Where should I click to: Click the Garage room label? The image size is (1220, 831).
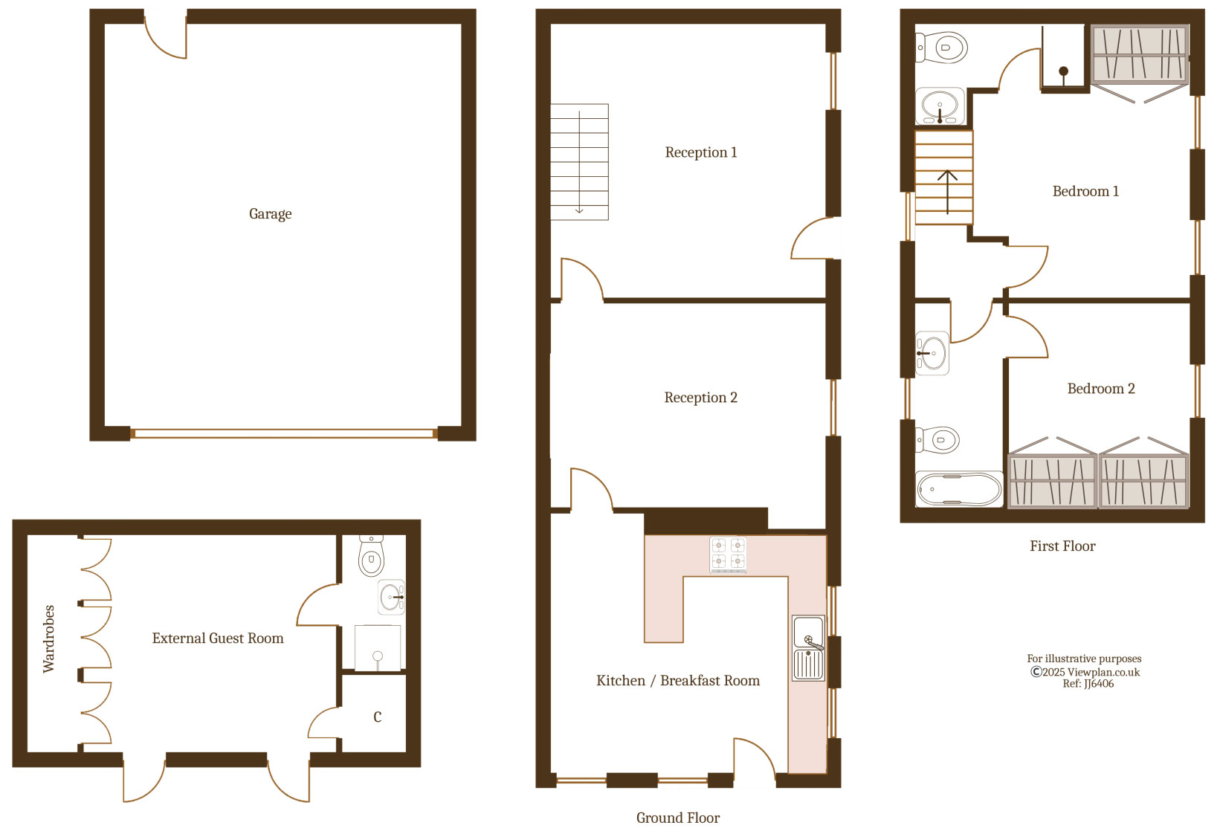[270, 214]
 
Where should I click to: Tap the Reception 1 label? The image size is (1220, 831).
[701, 152]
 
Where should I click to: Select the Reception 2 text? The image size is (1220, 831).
[700, 398]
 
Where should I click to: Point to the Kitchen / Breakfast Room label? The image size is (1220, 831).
[678, 681]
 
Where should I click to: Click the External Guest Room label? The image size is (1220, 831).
[218, 638]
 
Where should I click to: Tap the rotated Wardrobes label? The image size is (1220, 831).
[49, 638]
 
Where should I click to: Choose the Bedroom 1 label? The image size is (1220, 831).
[1085, 191]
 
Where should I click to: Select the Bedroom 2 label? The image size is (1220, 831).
[1101, 388]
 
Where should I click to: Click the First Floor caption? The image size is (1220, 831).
[1062, 546]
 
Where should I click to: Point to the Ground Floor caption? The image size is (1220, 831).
[677, 818]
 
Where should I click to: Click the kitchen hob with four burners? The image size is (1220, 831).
[728, 555]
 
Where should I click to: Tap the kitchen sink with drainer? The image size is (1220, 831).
[809, 648]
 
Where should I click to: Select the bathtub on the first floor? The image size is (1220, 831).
[959, 489]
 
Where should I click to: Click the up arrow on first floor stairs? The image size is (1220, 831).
[948, 192]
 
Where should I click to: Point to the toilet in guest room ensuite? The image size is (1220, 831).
[372, 555]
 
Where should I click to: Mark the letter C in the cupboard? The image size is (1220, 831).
[378, 717]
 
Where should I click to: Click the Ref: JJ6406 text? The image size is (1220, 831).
[1088, 684]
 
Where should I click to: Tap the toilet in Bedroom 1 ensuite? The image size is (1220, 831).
[942, 48]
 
